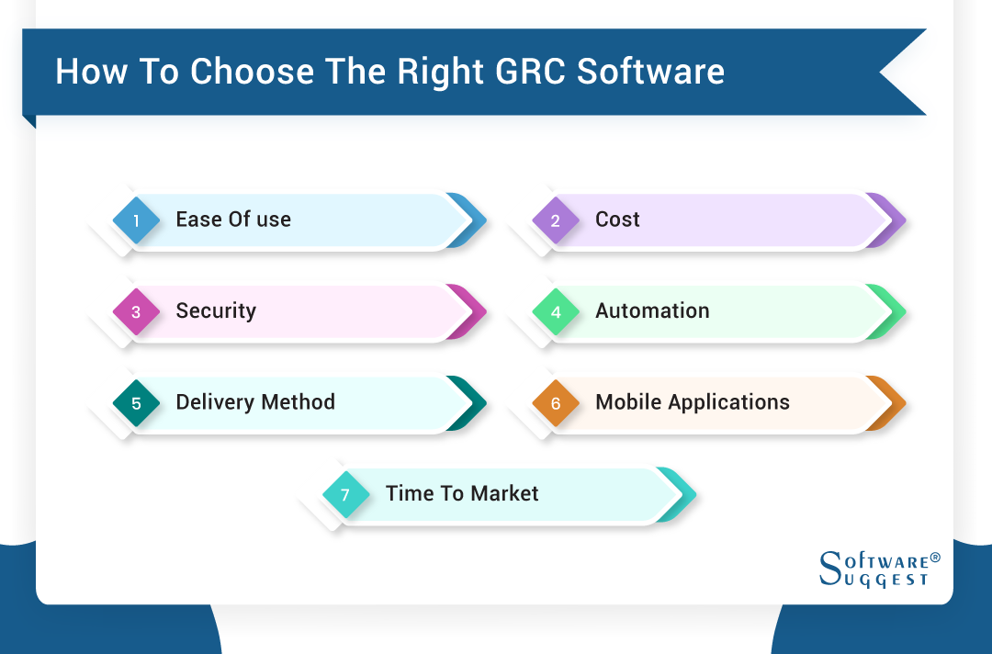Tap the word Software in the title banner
(x=650, y=72)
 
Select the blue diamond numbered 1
(x=136, y=220)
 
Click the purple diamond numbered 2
(x=556, y=220)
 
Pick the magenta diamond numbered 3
(x=136, y=312)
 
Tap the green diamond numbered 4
(x=556, y=312)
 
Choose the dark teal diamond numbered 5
(x=136, y=403)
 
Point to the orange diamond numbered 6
(x=556, y=403)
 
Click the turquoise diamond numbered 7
(x=345, y=495)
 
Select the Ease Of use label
(x=233, y=220)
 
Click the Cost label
(x=617, y=220)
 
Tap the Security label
(x=216, y=310)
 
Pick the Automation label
(x=652, y=310)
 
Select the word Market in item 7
(x=504, y=493)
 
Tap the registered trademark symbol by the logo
(x=935, y=558)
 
